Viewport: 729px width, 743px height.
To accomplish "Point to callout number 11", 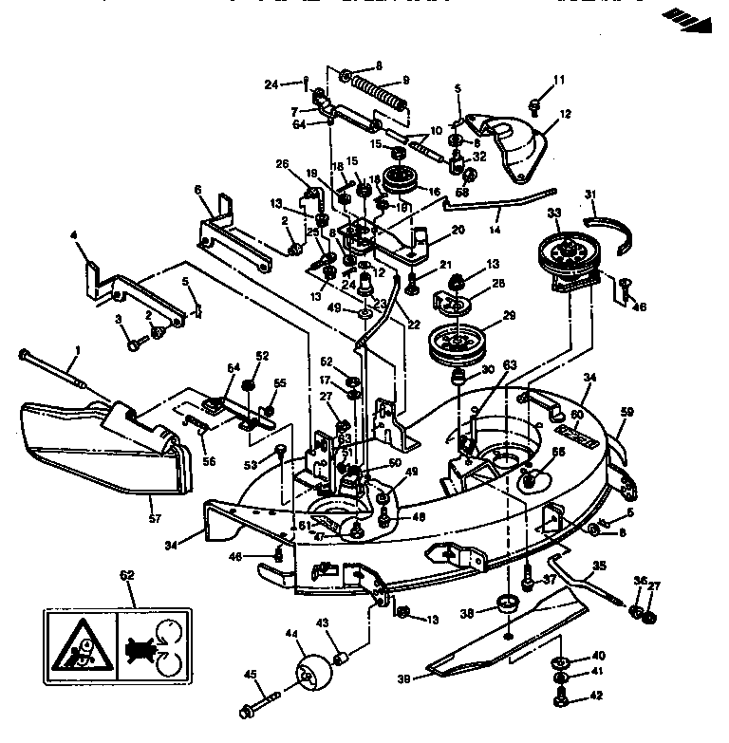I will tap(559, 80).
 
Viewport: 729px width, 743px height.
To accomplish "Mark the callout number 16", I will tap(435, 191).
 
